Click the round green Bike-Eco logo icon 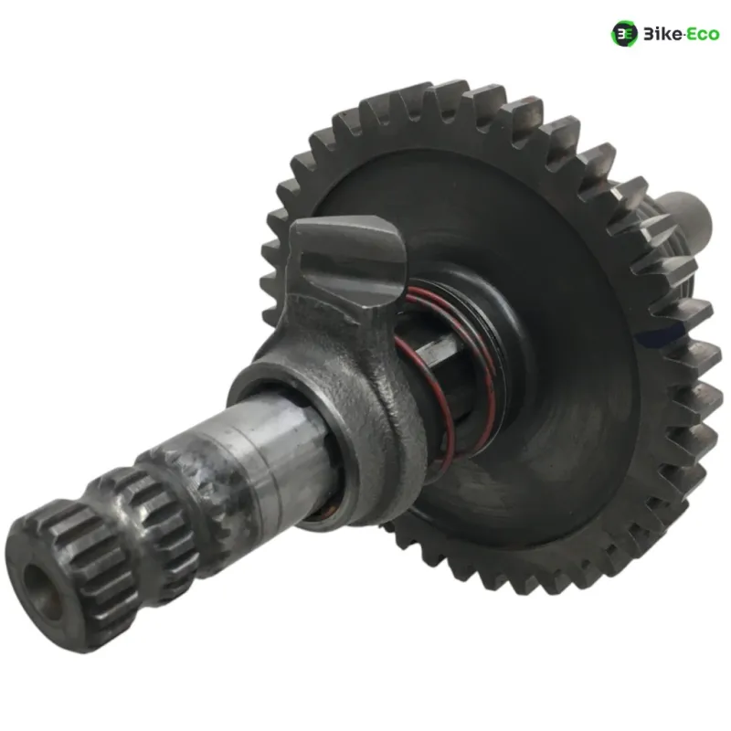624,34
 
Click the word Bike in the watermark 662,34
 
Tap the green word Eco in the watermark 702,34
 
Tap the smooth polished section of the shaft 270,448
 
